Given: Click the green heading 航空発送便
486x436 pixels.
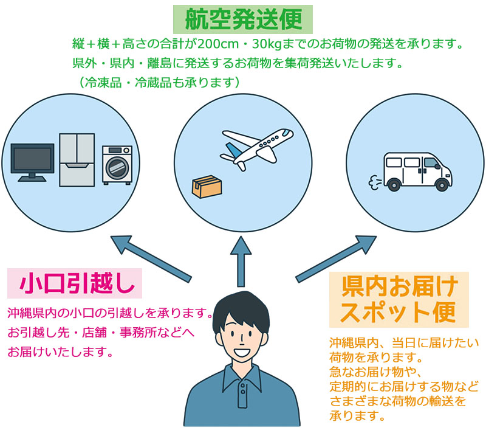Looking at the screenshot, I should click(242, 19).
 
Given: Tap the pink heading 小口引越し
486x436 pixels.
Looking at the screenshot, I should click(74, 283).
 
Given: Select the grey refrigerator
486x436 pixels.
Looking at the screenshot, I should click(77, 160).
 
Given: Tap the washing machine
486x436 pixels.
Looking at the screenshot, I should click(117, 164).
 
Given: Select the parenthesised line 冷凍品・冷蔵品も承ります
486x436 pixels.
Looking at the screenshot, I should click(157, 81).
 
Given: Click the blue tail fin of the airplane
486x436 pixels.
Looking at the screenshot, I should click(232, 149).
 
